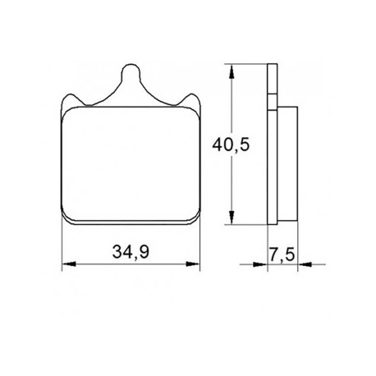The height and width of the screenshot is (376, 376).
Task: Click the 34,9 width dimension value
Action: point(131,252)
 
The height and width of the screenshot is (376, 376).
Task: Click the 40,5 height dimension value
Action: point(231,144)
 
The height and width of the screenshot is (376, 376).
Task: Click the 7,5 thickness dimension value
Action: point(282,255)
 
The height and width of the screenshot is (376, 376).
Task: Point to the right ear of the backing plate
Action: point(192,100)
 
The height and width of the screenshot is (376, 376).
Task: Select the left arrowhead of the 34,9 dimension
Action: point(69,264)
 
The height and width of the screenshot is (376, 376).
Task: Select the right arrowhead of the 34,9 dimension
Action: point(193,264)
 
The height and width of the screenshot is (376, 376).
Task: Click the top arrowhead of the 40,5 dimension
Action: point(232,71)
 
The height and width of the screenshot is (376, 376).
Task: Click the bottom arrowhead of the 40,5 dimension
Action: point(232,218)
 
